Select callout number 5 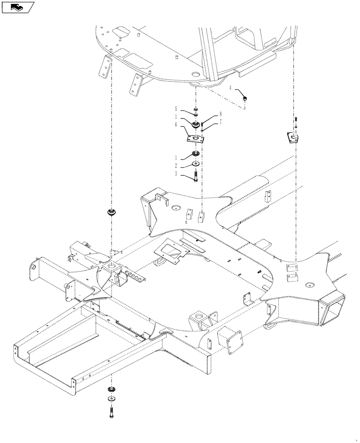176,109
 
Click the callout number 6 176,125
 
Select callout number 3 176,174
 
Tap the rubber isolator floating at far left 111,212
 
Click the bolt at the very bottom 111,414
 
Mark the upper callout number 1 176,117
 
